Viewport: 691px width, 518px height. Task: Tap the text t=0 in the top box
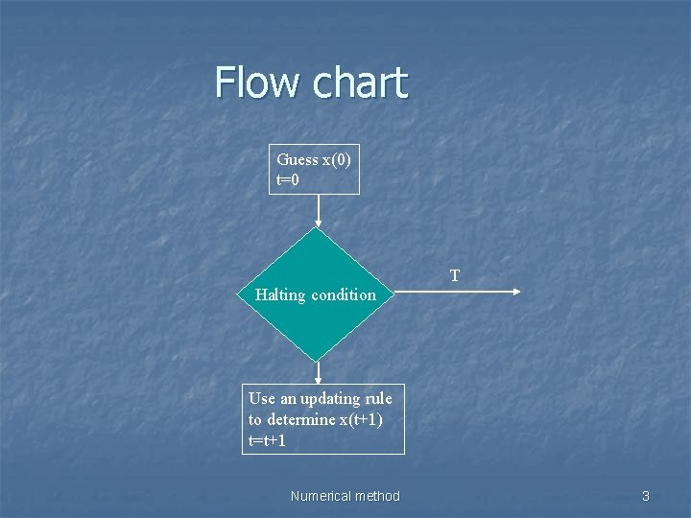[x=289, y=179]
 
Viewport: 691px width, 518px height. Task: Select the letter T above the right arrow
[x=455, y=276]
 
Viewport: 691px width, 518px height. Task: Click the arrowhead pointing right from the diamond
[x=516, y=292]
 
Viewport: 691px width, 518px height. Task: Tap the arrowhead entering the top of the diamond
[x=318, y=223]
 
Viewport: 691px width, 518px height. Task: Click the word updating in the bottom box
[x=332, y=398]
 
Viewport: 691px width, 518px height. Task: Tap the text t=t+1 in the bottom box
[x=267, y=441]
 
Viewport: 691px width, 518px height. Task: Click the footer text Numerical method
[x=345, y=496]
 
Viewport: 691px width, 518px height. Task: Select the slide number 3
[x=646, y=496]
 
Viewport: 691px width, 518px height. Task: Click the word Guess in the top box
[x=297, y=159]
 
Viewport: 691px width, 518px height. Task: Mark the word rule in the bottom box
[x=379, y=398]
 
